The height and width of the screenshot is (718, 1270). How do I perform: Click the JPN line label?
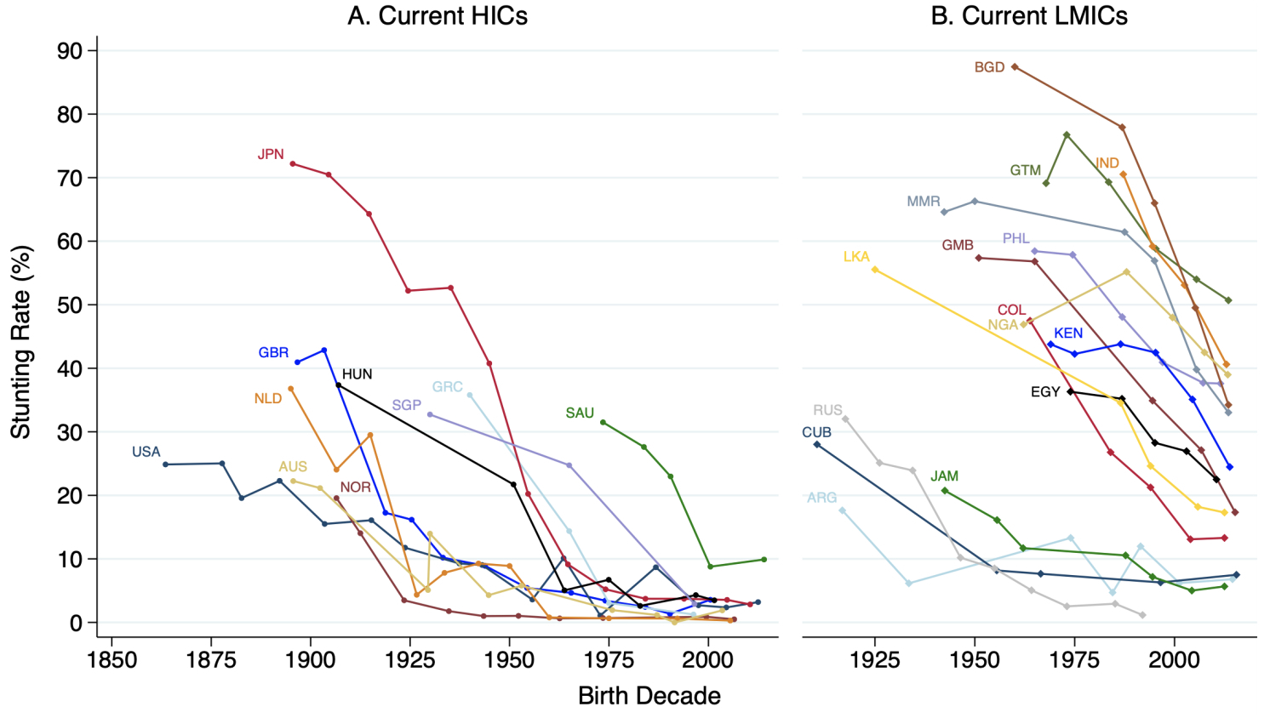click(271, 155)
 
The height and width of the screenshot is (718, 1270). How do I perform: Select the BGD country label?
click(989, 68)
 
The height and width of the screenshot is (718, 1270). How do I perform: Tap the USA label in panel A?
click(146, 452)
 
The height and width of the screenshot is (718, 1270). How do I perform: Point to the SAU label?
click(580, 413)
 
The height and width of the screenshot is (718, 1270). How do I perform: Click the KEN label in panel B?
click(1068, 333)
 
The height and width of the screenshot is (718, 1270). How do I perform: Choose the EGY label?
click(1045, 392)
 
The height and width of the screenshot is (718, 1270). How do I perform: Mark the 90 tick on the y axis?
click(71, 51)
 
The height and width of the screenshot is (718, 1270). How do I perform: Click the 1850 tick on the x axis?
click(112, 661)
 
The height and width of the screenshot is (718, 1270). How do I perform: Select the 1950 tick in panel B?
click(975, 661)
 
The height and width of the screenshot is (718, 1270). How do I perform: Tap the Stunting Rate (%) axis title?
click(20, 342)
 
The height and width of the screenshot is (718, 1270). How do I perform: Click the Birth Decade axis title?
click(649, 696)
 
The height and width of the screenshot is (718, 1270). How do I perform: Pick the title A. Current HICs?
click(438, 16)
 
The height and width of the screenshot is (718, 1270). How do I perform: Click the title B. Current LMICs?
click(1029, 16)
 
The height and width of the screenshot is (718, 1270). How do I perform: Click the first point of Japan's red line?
click(293, 163)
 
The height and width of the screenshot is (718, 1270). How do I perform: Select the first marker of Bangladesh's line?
click(1015, 66)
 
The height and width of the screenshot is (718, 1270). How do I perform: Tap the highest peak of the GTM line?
click(1067, 134)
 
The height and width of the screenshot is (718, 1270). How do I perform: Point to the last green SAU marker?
click(764, 559)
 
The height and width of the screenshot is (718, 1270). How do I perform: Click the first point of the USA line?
click(165, 464)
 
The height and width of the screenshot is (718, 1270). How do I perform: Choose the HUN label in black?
click(357, 374)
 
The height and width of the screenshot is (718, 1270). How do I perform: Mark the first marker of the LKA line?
click(875, 270)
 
